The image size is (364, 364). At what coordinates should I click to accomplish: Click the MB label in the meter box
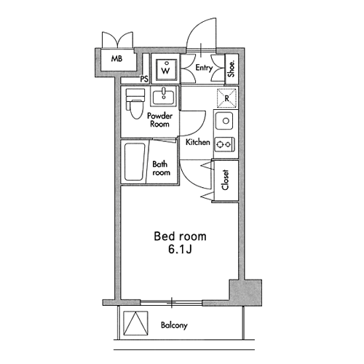(x=116, y=59)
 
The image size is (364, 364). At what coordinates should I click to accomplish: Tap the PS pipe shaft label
(x=144, y=79)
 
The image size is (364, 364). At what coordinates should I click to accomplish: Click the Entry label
(x=204, y=68)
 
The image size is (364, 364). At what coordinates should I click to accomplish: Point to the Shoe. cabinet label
(x=232, y=69)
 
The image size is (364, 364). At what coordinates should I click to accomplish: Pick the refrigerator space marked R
(x=226, y=98)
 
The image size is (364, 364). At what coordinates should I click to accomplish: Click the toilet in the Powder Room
(x=135, y=103)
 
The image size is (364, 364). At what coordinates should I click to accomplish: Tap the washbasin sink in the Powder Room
(x=164, y=97)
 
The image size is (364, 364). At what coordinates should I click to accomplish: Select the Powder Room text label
(x=159, y=120)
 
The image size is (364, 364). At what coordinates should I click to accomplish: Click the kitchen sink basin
(x=223, y=121)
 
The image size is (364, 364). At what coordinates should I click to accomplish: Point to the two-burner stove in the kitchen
(x=225, y=145)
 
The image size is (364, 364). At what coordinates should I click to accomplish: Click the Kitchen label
(x=197, y=142)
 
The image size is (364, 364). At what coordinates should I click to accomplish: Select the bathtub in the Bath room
(x=135, y=162)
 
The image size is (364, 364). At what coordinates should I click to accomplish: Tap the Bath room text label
(x=161, y=168)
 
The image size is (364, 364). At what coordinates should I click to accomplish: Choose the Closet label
(x=225, y=180)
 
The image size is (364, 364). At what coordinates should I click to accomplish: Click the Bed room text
(x=180, y=237)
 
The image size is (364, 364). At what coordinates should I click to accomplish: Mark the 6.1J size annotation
(x=180, y=249)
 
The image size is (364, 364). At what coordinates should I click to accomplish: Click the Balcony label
(x=174, y=325)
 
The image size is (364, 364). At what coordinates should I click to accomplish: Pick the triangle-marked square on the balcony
(x=135, y=323)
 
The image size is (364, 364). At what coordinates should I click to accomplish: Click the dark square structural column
(x=245, y=292)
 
